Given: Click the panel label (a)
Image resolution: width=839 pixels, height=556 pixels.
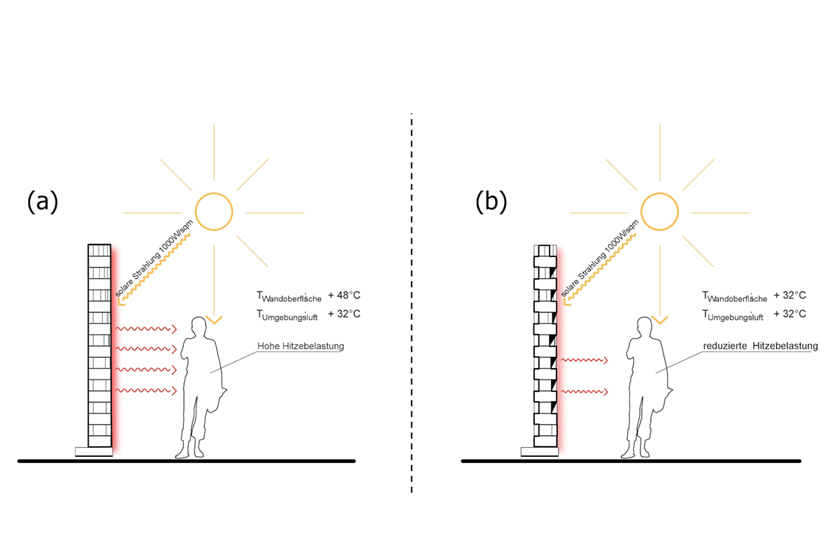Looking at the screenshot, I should (42, 202).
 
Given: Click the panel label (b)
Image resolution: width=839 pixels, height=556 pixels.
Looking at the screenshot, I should (491, 202).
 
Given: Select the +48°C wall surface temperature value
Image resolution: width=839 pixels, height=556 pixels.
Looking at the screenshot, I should (344, 297).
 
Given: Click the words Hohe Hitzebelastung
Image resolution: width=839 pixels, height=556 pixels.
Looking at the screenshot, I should (301, 346).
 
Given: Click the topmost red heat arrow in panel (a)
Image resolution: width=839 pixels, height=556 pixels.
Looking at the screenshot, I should (144, 328).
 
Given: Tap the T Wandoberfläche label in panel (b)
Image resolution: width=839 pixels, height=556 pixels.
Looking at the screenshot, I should (734, 297).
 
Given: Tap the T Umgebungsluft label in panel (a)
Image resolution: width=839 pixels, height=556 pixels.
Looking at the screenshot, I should (287, 316).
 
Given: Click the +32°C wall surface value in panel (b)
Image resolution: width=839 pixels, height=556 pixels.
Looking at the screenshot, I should (790, 295).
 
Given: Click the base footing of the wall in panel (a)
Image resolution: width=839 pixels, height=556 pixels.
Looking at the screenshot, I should (94, 451).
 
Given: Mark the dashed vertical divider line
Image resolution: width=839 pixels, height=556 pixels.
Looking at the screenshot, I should (412, 300).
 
